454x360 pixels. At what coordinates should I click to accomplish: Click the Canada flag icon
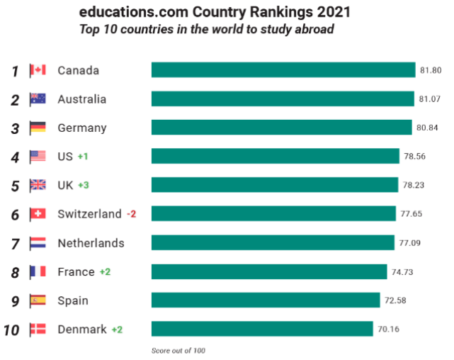point(38,70)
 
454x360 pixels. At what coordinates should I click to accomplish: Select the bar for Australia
point(283,99)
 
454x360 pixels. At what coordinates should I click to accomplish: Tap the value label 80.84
point(427,128)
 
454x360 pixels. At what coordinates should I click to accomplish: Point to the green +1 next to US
point(83,157)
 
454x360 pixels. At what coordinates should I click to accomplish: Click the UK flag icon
point(38,185)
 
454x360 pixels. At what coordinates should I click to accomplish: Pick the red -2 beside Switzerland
point(131,214)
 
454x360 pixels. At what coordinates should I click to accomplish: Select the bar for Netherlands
point(273,243)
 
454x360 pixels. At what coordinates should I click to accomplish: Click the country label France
point(76,271)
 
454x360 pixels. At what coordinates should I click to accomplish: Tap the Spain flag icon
point(38,300)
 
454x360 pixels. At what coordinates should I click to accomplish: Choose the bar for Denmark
point(262,329)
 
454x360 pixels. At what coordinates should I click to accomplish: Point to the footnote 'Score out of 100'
point(178,350)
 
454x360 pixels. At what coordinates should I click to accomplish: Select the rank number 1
point(15,71)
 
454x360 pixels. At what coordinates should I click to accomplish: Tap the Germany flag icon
point(38,128)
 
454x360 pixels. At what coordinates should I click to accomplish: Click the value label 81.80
point(431,70)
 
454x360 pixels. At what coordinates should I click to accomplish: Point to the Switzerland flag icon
point(38,214)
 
